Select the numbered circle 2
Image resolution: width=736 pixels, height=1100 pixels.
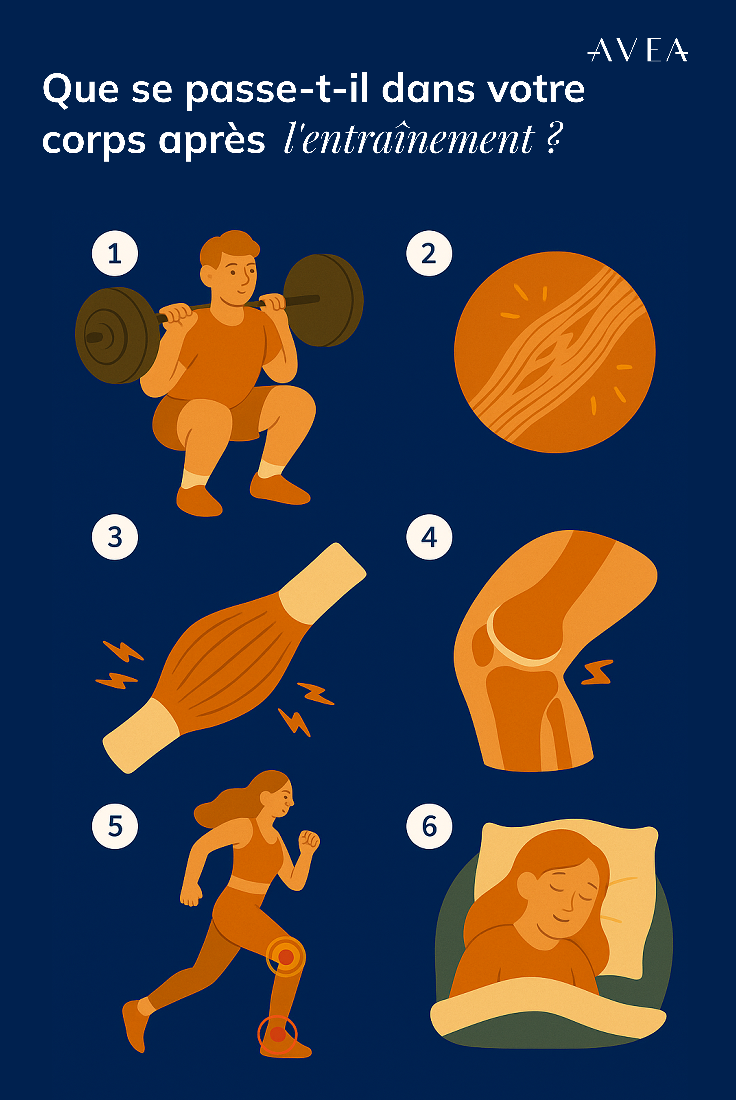coord(429,254)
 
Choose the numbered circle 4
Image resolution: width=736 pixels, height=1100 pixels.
coord(429,537)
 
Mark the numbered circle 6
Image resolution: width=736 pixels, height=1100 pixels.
coord(429,826)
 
